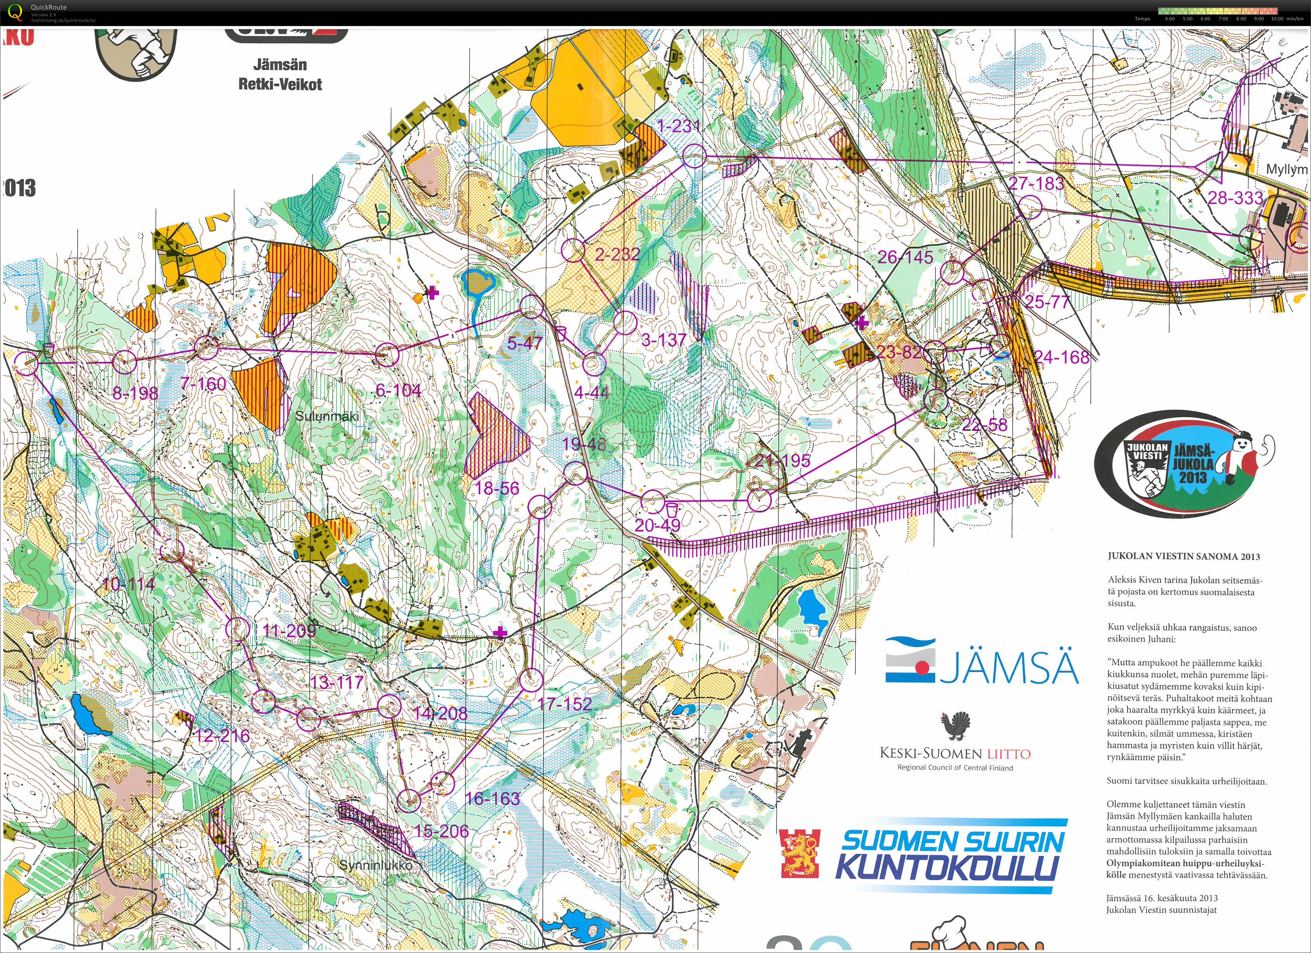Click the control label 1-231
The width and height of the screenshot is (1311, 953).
pos(679,126)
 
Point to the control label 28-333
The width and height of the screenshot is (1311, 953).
pos(1235,199)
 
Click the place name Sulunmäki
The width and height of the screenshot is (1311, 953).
pos(327,416)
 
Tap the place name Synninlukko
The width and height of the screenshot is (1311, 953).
pos(376,866)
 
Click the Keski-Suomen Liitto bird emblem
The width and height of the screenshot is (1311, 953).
pos(955,727)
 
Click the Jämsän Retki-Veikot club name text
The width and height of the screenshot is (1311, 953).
pos(281,74)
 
